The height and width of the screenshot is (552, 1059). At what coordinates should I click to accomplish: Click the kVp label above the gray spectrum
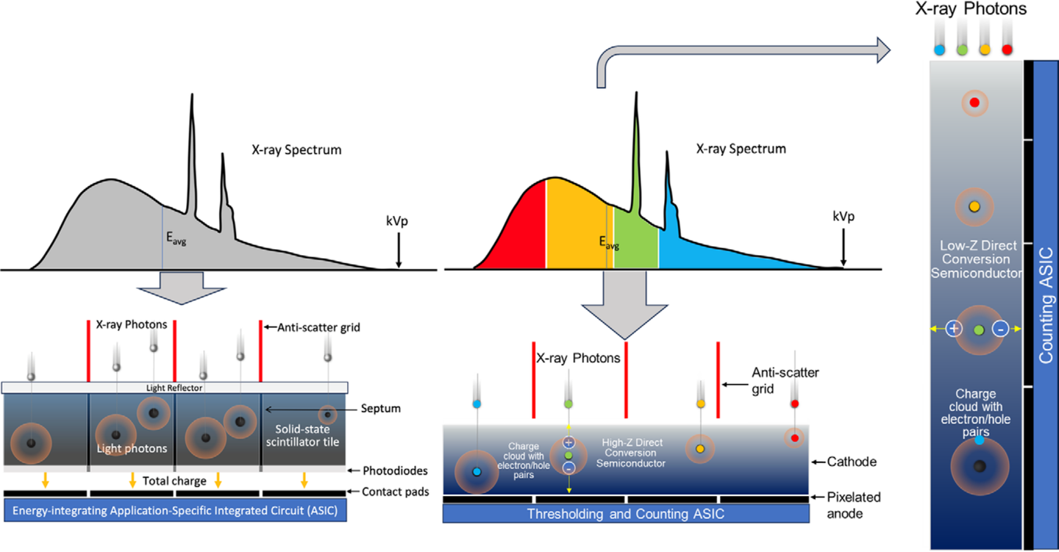click(396, 221)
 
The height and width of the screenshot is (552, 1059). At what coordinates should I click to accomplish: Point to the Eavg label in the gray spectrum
click(176, 237)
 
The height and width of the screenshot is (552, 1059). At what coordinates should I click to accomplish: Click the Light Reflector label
click(174, 388)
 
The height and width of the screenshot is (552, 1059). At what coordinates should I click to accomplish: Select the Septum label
click(381, 409)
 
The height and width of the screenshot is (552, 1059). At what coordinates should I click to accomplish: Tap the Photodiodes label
click(395, 470)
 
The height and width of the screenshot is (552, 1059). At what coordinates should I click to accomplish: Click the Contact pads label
click(395, 492)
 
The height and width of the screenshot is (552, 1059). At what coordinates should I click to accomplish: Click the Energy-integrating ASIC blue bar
click(175, 511)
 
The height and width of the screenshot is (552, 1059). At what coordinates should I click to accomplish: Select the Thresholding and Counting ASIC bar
click(626, 514)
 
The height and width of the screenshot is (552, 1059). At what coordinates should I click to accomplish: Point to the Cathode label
click(852, 462)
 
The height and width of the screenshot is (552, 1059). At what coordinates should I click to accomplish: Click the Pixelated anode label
click(853, 505)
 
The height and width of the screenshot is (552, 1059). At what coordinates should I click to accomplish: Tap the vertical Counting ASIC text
click(1046, 306)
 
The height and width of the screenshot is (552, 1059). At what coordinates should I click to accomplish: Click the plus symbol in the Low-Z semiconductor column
click(954, 329)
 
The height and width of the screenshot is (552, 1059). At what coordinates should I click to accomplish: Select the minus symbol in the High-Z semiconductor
click(568, 468)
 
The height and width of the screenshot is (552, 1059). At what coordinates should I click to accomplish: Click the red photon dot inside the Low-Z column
click(974, 103)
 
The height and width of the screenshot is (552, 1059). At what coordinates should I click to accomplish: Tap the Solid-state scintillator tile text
click(302, 435)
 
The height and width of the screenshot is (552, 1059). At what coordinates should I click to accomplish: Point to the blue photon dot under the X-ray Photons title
click(939, 50)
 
